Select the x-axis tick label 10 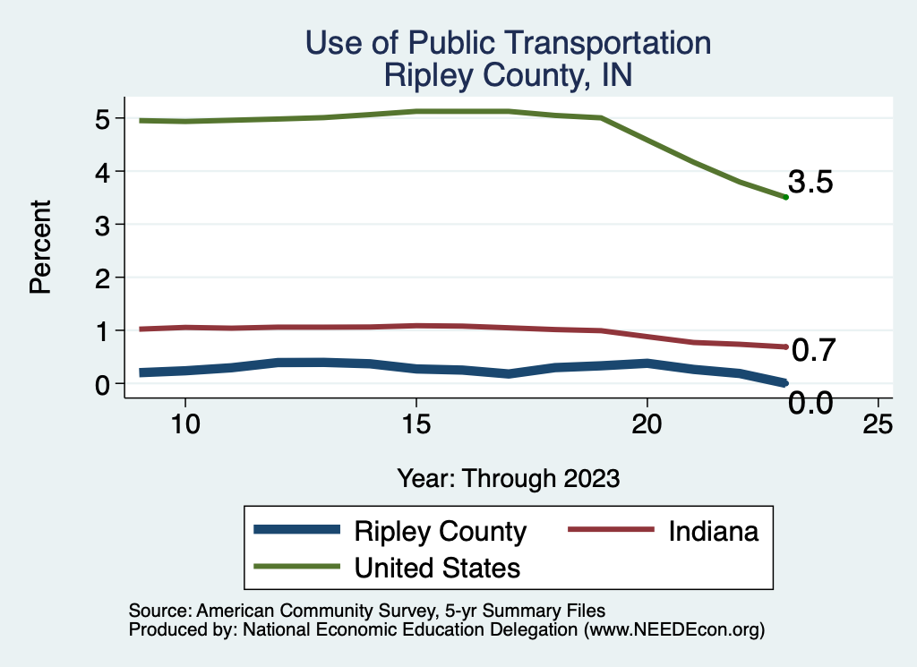pyautogui.click(x=184, y=424)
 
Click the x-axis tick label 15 pyautogui.click(x=416, y=424)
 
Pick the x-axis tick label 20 pyautogui.click(x=647, y=424)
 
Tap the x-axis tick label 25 pyautogui.click(x=878, y=424)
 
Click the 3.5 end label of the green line pyautogui.click(x=811, y=183)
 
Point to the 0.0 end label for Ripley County pyautogui.click(x=810, y=404)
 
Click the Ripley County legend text pyautogui.click(x=441, y=531)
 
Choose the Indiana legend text pyautogui.click(x=714, y=531)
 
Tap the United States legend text pyautogui.click(x=438, y=567)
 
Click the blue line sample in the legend pyautogui.click(x=297, y=530)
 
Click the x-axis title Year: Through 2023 pyautogui.click(x=509, y=478)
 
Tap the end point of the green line pyautogui.click(x=785, y=197)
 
